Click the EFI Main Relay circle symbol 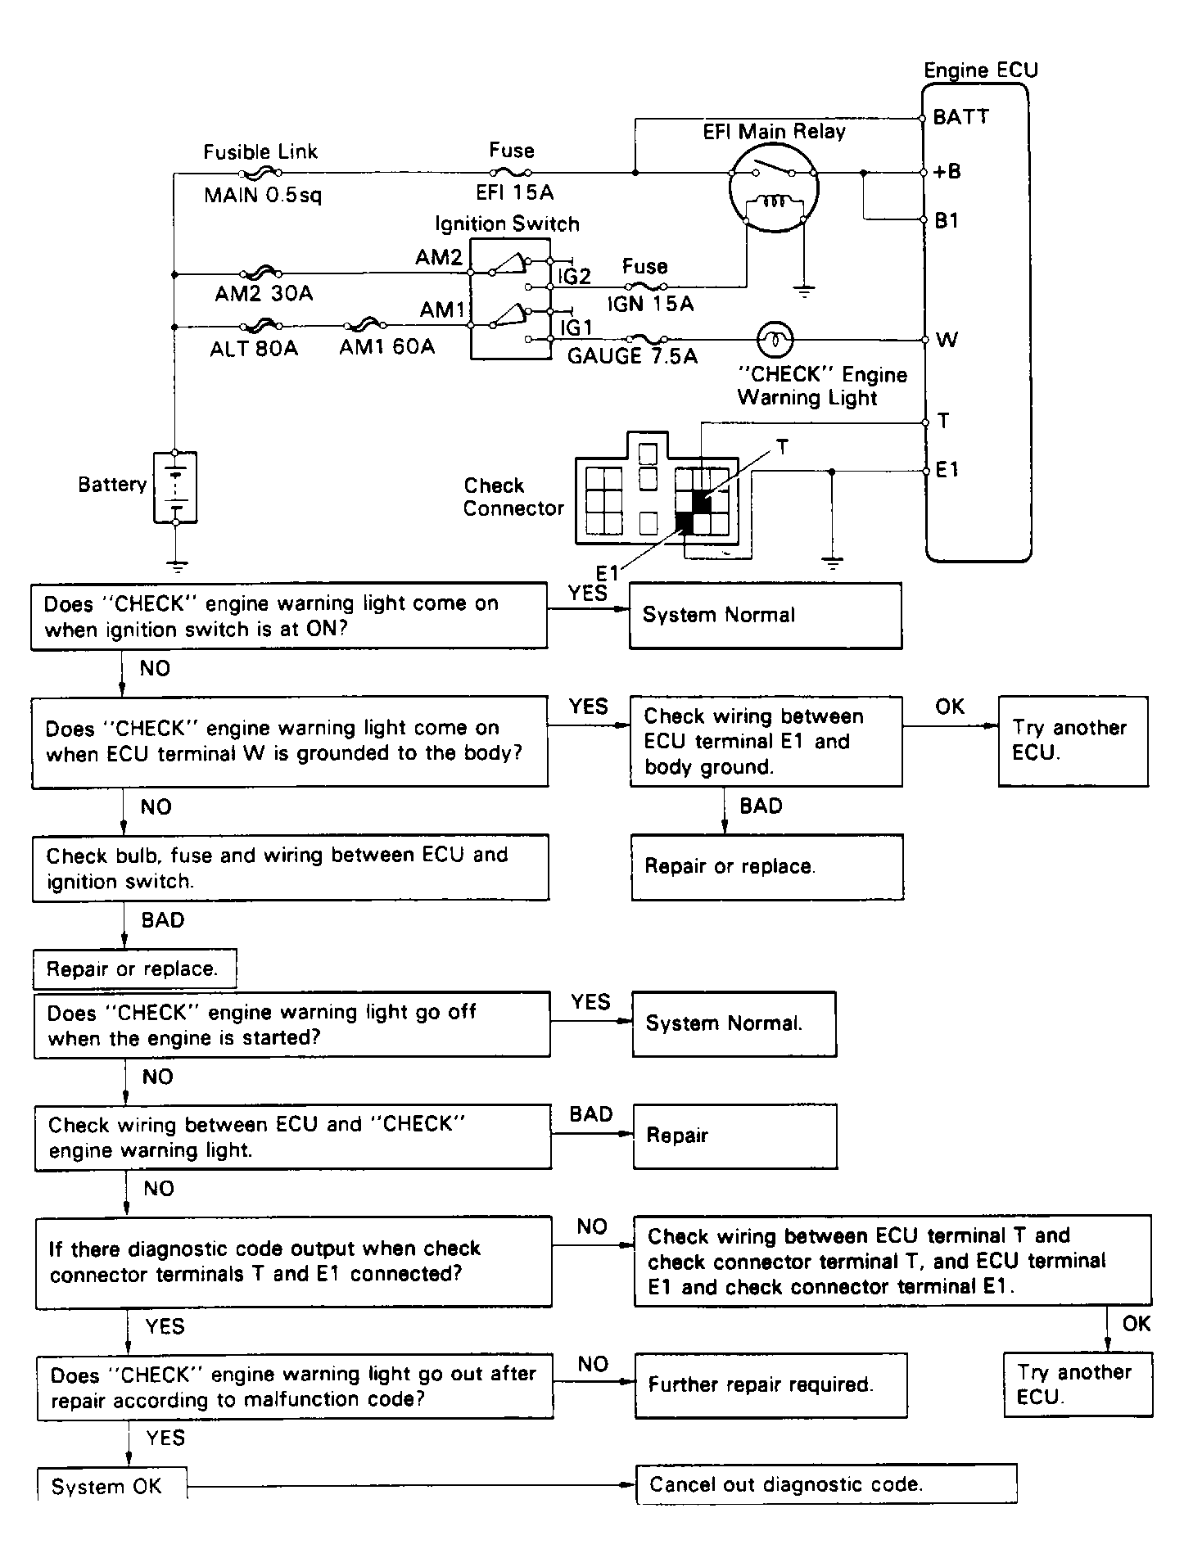click(773, 188)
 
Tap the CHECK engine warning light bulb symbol click(775, 337)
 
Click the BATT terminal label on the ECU click(960, 117)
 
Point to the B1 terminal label click(947, 220)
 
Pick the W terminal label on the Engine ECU click(947, 340)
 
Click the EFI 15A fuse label click(514, 192)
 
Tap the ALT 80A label click(254, 349)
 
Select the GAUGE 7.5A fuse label click(632, 356)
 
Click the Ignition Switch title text click(507, 224)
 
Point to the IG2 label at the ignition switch click(574, 277)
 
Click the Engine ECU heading click(980, 70)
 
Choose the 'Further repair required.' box click(771, 1384)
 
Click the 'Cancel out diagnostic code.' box click(825, 1484)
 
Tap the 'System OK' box click(111, 1486)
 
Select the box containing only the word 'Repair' click(734, 1136)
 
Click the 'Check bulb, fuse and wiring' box click(290, 868)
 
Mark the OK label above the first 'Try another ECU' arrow click(950, 707)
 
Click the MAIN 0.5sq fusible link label click(263, 196)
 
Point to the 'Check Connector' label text click(513, 497)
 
